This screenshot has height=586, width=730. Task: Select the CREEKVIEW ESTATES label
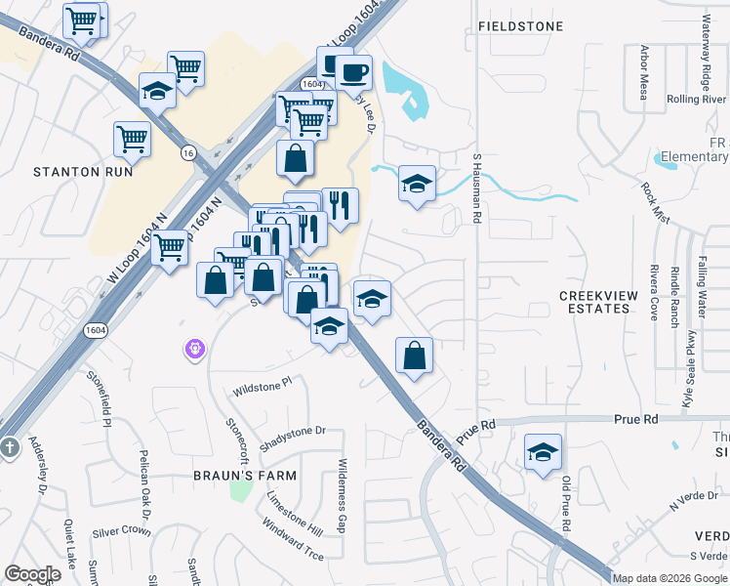click(x=594, y=302)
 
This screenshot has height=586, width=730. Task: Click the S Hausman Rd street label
click(x=477, y=188)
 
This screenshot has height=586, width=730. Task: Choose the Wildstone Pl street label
click(x=262, y=389)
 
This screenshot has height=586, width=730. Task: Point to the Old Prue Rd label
click(x=566, y=504)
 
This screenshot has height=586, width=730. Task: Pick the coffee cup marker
click(x=354, y=72)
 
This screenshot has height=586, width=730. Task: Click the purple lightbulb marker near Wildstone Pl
click(x=195, y=348)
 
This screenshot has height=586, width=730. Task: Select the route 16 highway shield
click(x=187, y=152)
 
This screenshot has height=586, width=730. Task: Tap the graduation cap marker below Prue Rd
click(x=543, y=453)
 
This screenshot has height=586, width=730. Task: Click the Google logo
click(x=32, y=574)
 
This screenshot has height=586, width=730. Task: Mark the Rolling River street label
click(x=696, y=100)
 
